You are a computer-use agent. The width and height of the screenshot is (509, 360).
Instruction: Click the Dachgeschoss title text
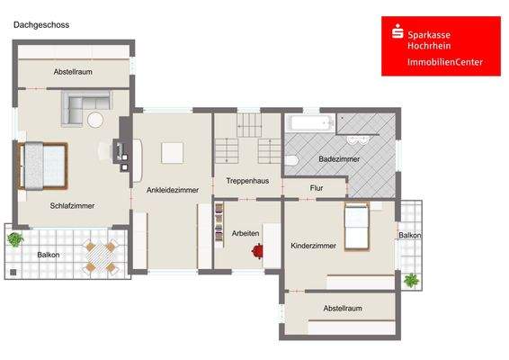(x=40, y=25)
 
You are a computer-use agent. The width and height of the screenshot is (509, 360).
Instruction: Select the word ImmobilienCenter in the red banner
(x=444, y=62)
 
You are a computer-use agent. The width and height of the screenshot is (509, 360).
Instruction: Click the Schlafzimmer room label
(x=73, y=205)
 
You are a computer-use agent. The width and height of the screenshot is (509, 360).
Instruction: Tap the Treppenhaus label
(x=247, y=181)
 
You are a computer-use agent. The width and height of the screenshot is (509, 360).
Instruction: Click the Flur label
(x=316, y=188)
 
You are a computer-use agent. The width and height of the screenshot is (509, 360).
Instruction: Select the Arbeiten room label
(x=246, y=233)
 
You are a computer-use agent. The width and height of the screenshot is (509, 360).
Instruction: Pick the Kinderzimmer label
(x=313, y=245)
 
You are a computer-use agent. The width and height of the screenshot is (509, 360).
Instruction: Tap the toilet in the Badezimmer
(x=290, y=160)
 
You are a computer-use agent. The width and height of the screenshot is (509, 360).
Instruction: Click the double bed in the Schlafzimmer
(x=44, y=166)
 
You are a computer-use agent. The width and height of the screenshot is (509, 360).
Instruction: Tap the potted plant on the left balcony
(x=15, y=239)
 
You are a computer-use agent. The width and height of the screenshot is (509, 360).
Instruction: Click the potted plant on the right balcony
(x=411, y=280)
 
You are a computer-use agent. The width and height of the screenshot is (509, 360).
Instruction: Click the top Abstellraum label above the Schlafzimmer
(x=73, y=71)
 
